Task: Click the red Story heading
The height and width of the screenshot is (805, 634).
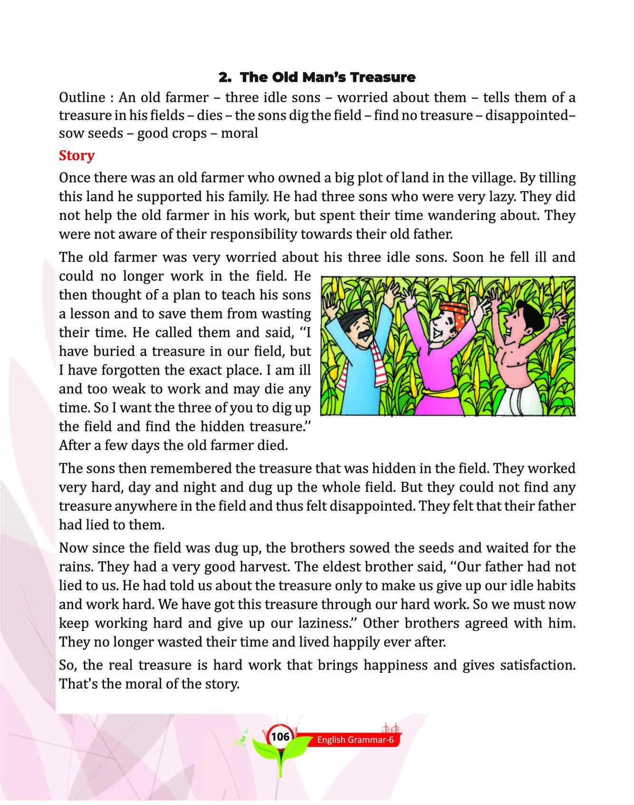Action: (x=77, y=155)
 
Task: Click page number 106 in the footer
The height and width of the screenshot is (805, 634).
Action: (x=280, y=737)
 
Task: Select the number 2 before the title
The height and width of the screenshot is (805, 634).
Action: (x=223, y=77)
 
